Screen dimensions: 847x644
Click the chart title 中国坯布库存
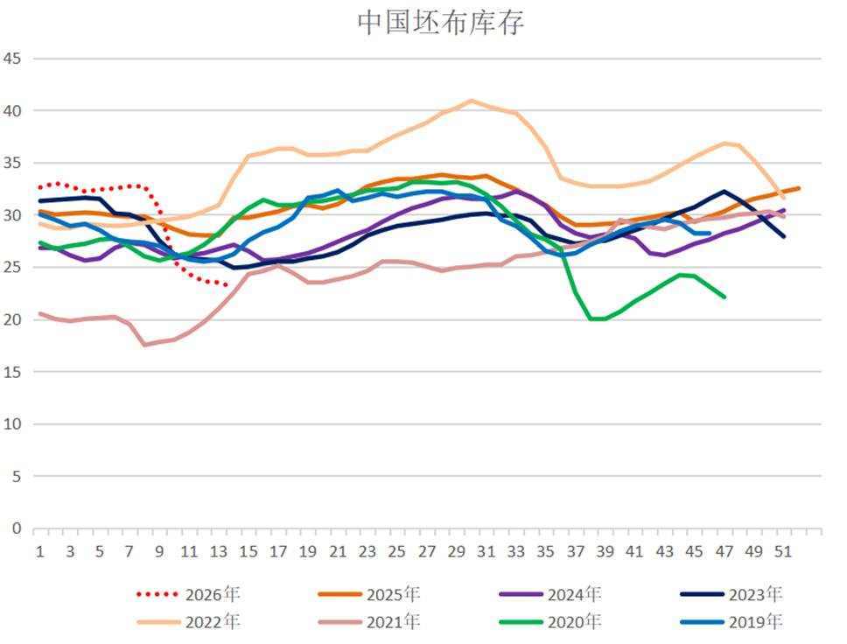(440, 23)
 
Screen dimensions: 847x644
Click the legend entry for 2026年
(188, 594)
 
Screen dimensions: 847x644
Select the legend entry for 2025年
(369, 594)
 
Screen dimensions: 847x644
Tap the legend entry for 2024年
(550, 594)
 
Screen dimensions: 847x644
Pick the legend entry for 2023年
(731, 594)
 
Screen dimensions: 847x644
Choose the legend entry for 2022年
(188, 622)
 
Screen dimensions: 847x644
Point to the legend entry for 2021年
(369, 622)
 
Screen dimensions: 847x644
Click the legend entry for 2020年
(550, 622)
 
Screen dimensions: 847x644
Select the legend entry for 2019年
(731, 622)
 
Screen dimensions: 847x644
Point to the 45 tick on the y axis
(12, 59)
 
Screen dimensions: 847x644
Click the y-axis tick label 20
(12, 319)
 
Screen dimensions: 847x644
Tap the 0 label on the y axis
(17, 528)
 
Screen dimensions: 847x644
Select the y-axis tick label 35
(12, 163)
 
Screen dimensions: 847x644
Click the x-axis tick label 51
(783, 551)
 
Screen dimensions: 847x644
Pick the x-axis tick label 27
(426, 551)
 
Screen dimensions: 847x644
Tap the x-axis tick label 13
(218, 551)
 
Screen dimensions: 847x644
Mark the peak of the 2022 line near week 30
(471, 101)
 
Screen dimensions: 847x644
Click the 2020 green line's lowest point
(597, 318)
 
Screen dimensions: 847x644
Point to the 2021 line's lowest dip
(144, 345)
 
